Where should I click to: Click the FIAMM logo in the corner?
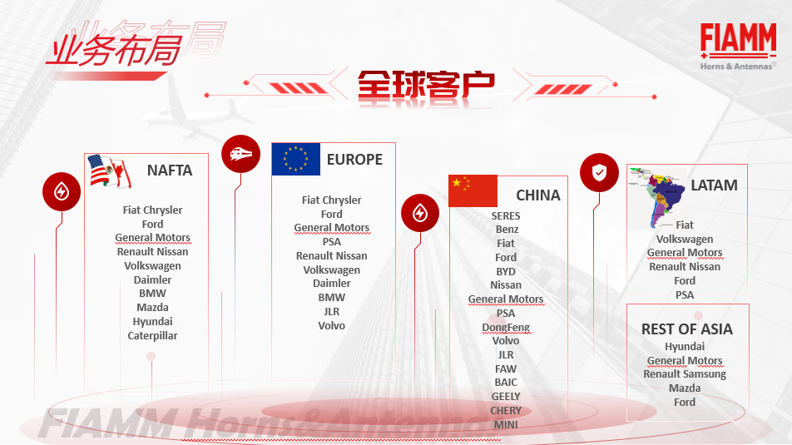tap(738, 47)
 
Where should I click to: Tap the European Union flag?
tap(296, 159)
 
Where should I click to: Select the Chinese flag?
tap(473, 191)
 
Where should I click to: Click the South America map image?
tap(656, 198)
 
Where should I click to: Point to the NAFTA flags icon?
tap(110, 171)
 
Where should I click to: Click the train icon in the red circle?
tap(241, 154)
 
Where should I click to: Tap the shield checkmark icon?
tap(599, 173)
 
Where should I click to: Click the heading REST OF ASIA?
tap(687, 329)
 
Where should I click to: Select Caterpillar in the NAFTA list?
tap(152, 336)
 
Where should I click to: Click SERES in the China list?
tap(506, 215)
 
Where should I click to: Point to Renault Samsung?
tap(685, 374)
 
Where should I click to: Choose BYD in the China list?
tap(506, 272)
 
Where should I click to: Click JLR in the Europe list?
tap(331, 312)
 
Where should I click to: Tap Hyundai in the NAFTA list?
tap(152, 322)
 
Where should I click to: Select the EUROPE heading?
tap(354, 160)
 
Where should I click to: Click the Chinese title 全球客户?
tap(426, 86)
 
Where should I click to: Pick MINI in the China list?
tap(506, 425)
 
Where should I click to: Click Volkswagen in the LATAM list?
tap(685, 240)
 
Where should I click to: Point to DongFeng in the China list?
tap(506, 328)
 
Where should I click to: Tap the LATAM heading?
tap(714, 185)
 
